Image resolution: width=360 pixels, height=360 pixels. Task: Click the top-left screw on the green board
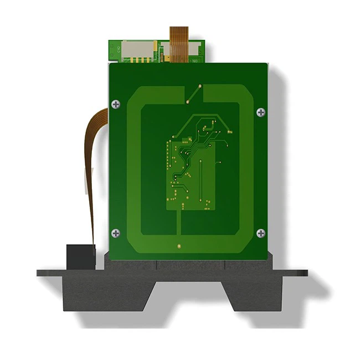115,104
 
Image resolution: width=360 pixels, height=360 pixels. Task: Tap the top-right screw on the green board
261,112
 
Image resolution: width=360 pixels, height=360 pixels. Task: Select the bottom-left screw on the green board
115,233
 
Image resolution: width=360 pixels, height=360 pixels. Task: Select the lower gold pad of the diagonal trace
188,102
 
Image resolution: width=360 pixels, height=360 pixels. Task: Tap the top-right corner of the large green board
267,64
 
